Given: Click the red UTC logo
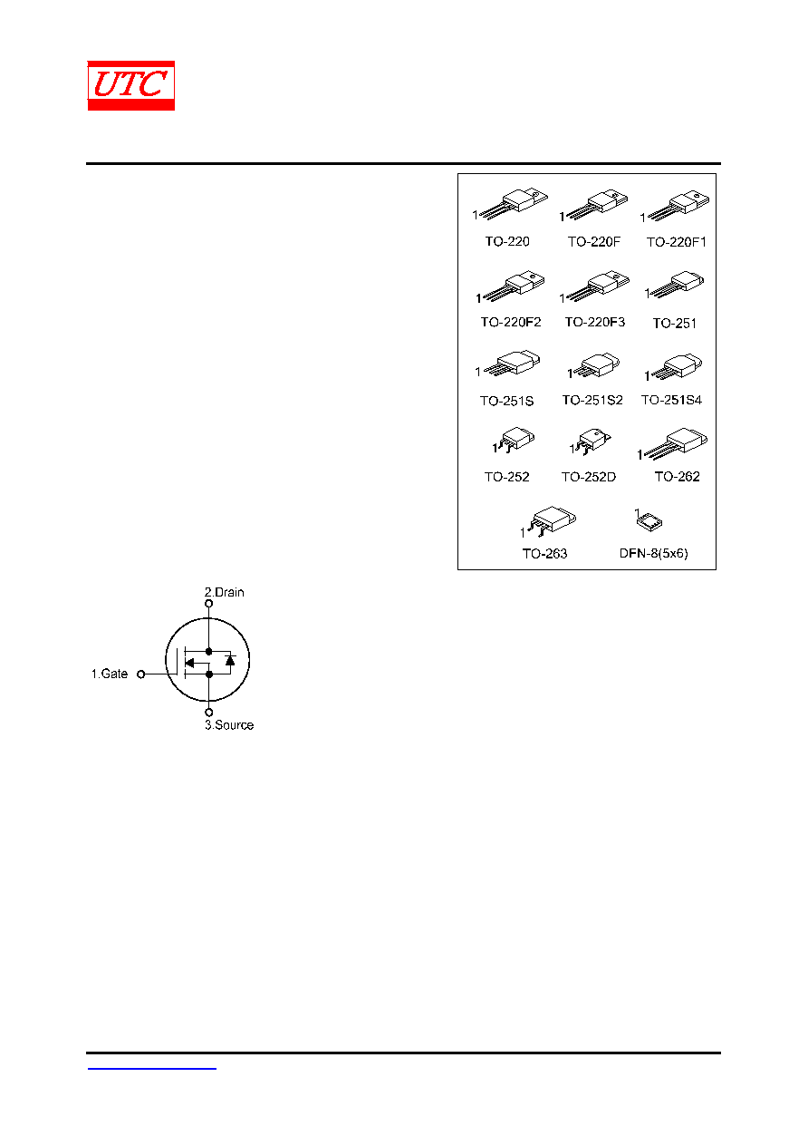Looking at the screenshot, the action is (x=130, y=85).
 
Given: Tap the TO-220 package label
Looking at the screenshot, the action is (x=507, y=241).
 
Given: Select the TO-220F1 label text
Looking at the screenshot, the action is (x=677, y=242).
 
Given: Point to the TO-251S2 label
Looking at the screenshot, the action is (x=592, y=400).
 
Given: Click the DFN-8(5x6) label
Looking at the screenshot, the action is (x=653, y=553).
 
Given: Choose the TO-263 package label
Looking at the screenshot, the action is (x=544, y=554).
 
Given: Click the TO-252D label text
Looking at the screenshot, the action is (x=589, y=477).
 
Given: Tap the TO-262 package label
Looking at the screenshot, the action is (x=678, y=476).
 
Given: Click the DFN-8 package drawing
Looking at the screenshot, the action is (x=649, y=521).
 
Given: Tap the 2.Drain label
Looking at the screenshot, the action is (x=225, y=592).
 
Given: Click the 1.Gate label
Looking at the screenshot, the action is (x=110, y=674).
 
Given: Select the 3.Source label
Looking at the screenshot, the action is (x=229, y=725).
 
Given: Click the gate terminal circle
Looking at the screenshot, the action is (x=141, y=674).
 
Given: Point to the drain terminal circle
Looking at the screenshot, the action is (x=209, y=604).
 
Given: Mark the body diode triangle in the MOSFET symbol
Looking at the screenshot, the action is (x=230, y=660).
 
